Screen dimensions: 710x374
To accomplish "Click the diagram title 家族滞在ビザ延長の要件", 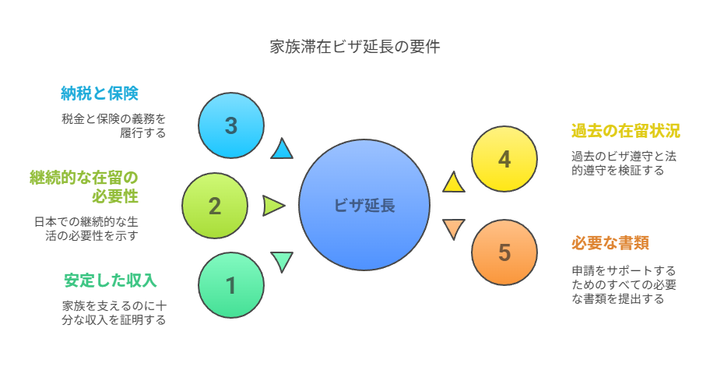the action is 355,47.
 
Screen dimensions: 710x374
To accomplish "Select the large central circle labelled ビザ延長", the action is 364,205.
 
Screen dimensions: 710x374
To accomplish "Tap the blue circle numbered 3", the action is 231,125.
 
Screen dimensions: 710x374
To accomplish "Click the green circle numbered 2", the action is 215,206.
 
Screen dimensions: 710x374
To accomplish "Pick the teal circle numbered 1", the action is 231,285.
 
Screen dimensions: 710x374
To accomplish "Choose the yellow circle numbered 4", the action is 504,159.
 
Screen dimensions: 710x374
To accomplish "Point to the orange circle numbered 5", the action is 504,252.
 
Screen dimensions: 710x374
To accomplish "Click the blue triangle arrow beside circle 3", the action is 282,150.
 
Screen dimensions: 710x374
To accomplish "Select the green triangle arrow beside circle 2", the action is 273,206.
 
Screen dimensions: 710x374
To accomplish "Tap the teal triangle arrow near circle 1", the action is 282,261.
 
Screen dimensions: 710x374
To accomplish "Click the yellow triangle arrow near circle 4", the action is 453,182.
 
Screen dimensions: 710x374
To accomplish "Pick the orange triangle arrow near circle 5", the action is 453,228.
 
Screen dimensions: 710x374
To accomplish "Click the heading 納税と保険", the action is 100,93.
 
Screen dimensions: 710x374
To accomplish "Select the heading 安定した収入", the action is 110,280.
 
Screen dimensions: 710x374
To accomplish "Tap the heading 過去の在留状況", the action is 626,131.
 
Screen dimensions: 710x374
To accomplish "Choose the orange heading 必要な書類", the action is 610,243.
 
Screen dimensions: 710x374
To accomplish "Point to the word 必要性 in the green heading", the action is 115,196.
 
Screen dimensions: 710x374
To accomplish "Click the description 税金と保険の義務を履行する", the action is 114,126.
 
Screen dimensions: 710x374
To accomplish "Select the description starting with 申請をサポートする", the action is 624,284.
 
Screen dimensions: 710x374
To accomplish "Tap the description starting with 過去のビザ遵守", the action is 624,163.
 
